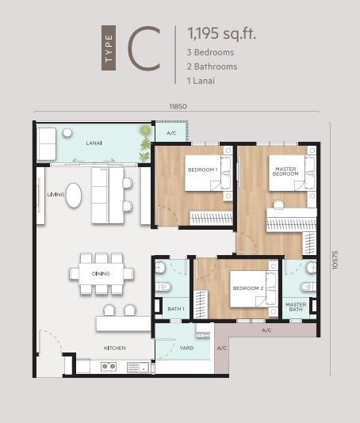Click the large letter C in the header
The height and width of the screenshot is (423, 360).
[144, 51]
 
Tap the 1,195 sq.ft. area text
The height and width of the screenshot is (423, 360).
[221, 33]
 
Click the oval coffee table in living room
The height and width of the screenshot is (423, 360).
[74, 195]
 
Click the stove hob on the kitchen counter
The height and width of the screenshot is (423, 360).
[109, 366]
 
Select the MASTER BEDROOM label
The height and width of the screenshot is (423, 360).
[284, 172]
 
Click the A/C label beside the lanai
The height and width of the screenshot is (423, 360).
[171, 133]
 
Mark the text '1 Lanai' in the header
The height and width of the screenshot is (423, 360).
[201, 80]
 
